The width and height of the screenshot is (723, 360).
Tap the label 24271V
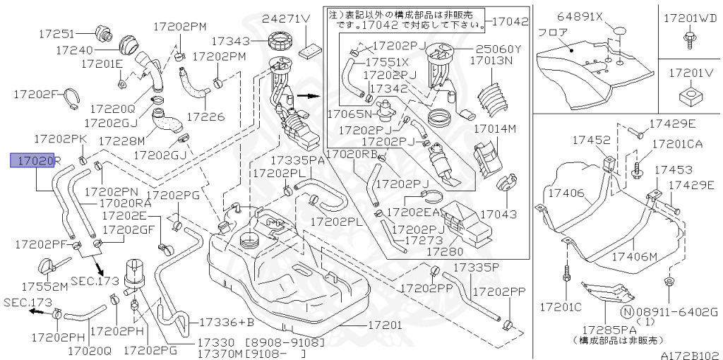[287, 19]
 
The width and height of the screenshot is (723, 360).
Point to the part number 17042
[509, 22]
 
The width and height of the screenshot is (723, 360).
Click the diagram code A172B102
[690, 355]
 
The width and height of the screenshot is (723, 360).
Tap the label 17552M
[44, 287]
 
